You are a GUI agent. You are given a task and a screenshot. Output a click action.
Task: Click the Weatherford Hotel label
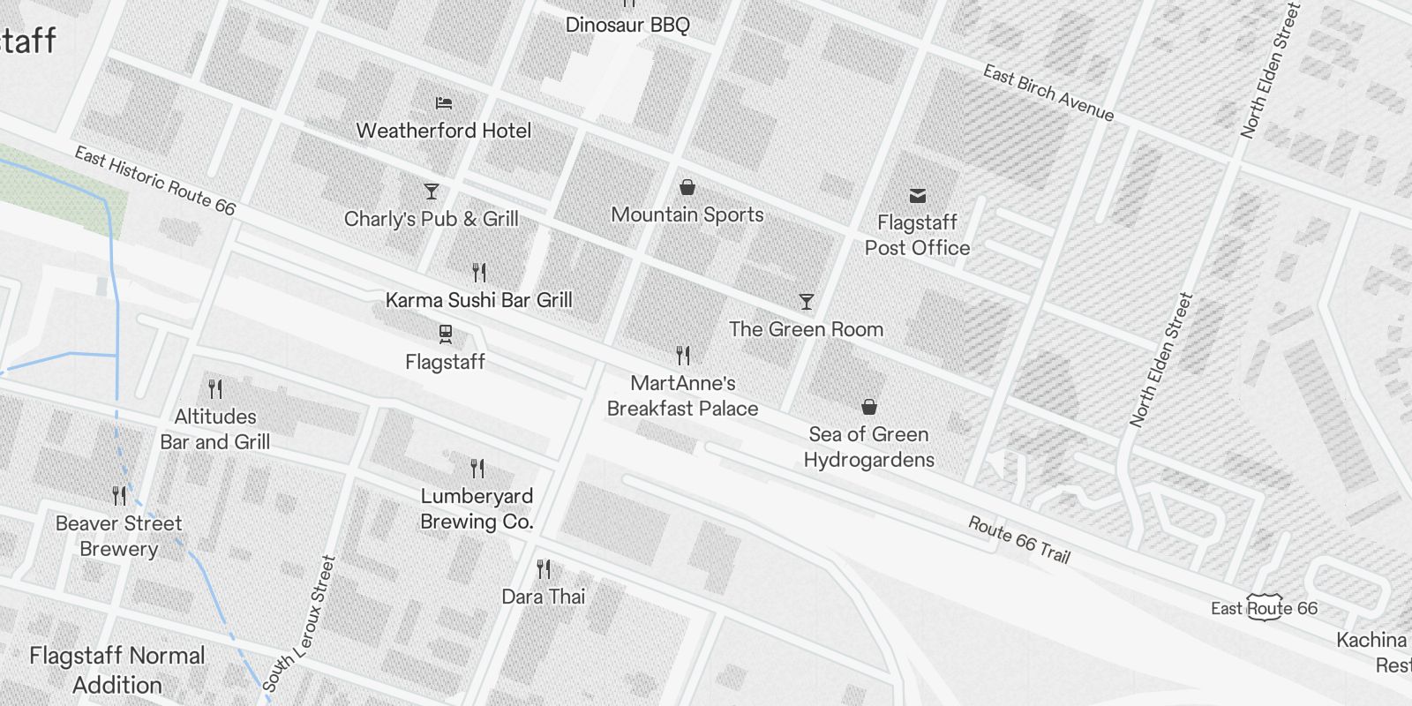pyautogui.click(x=444, y=131)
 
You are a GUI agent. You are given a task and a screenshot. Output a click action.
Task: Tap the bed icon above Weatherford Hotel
pyautogui.click(x=444, y=103)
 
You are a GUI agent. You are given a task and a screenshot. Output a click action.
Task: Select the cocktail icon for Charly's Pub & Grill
pyautogui.click(x=431, y=192)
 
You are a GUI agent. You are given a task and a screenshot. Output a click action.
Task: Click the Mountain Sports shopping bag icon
pyautogui.click(x=687, y=187)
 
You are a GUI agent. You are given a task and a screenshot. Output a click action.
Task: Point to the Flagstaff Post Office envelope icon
pyautogui.click(x=917, y=196)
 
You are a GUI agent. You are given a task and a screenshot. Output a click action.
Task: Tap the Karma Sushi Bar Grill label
pyautogui.click(x=478, y=300)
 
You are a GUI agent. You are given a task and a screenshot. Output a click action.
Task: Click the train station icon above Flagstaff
pyautogui.click(x=445, y=334)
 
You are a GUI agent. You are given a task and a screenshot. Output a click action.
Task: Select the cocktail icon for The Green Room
pyautogui.click(x=806, y=302)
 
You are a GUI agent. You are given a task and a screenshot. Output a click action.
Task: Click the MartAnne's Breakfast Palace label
pyautogui.click(x=682, y=395)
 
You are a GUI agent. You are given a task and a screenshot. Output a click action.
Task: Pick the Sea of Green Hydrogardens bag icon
pyautogui.click(x=868, y=407)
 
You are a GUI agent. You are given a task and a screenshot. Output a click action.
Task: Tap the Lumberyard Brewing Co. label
pyautogui.click(x=477, y=508)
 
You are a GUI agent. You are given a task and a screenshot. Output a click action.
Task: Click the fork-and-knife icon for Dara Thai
pyautogui.click(x=544, y=569)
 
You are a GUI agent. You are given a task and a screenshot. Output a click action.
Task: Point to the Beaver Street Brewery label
pyautogui.click(x=118, y=536)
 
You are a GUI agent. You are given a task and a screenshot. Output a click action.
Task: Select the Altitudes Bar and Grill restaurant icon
pyautogui.click(x=215, y=388)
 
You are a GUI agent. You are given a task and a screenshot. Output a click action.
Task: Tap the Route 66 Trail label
pyautogui.click(x=1018, y=540)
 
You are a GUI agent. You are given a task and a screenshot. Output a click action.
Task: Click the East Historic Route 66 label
pyautogui.click(x=154, y=181)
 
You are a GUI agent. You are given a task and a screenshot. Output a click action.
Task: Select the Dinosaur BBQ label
pyautogui.click(x=627, y=25)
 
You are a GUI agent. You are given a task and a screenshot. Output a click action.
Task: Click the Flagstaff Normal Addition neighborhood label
pyautogui.click(x=117, y=670)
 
